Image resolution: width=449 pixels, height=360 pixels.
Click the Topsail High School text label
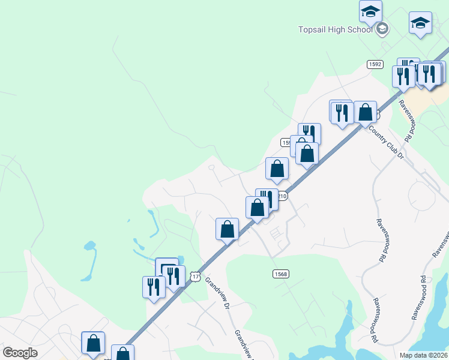[x=336, y=29]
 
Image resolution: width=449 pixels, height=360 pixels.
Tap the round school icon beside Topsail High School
[x=382, y=29]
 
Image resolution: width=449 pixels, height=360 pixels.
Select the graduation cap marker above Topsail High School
[x=371, y=11]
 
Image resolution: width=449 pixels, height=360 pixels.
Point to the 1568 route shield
[x=281, y=274]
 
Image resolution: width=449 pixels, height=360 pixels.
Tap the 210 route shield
[x=283, y=196]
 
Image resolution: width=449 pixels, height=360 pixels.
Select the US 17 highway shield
[x=194, y=276]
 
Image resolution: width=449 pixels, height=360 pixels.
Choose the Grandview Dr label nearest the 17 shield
[x=218, y=293]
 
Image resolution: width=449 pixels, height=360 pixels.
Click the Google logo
[x=20, y=353]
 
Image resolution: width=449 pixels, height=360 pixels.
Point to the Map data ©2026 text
[x=424, y=355]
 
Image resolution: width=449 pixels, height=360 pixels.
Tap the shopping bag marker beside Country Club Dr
[x=365, y=112]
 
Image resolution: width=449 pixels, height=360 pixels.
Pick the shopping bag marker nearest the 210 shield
[x=258, y=208]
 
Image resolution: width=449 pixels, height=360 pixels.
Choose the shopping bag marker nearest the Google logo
[x=93, y=344]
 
